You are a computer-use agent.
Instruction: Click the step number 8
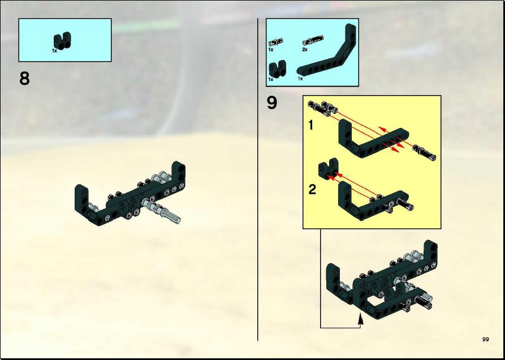tap(24, 79)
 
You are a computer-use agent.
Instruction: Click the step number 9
tap(272, 103)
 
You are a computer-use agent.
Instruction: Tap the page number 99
tap(486, 340)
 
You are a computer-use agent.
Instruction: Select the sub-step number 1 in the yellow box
tap(311, 125)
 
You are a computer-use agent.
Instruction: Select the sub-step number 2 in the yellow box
tap(312, 190)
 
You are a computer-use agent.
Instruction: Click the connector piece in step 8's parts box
tap(62, 41)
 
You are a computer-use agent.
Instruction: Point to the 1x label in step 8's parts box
tap(54, 50)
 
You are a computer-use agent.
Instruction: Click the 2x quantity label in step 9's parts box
tap(305, 50)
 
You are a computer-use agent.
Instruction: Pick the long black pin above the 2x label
tap(312, 40)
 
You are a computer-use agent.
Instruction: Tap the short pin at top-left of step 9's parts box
tap(276, 41)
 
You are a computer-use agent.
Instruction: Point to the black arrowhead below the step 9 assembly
tap(361, 320)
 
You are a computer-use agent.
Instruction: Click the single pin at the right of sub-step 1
tap(425, 152)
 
